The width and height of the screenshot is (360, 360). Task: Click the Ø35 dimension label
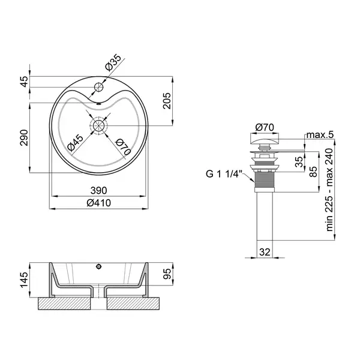pyautogui.click(x=113, y=62)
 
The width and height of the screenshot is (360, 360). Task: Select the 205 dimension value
pyautogui.click(x=167, y=101)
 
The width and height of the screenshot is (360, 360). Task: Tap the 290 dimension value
pyautogui.click(x=24, y=138)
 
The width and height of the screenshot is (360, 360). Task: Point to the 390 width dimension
pyautogui.click(x=99, y=190)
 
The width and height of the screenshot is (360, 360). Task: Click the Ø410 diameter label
pyautogui.click(x=99, y=203)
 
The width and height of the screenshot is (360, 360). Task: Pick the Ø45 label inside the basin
pyautogui.click(x=76, y=143)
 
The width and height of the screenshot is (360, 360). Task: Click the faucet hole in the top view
pyautogui.click(x=99, y=87)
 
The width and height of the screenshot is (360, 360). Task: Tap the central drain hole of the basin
pyautogui.click(x=99, y=125)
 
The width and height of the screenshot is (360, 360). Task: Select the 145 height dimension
pyautogui.click(x=24, y=280)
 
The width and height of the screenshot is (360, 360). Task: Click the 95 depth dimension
pyautogui.click(x=167, y=274)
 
